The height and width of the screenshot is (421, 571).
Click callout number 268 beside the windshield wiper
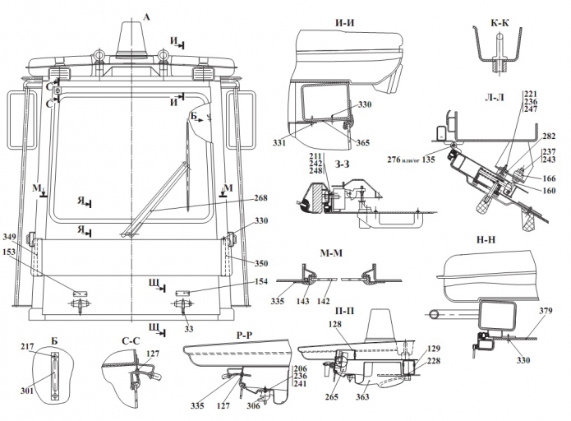pos(260,197)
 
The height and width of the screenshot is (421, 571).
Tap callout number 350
pos(260,263)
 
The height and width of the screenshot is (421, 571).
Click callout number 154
pos(260,281)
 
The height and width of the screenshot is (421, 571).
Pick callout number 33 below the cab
pos(189,329)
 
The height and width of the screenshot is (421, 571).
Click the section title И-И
pos(344,22)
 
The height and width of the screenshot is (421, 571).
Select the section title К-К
pos(500,22)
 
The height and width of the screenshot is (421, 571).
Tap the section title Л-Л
pos(495,97)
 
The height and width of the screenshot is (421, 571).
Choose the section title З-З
pos(342,164)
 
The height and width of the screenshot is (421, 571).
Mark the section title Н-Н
pos(486,239)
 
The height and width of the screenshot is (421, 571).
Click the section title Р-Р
pos(244,335)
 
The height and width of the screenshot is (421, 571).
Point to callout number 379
pos(546,311)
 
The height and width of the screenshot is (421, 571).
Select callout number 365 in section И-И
pos(362,142)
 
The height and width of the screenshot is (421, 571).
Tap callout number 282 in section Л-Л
pos(549,136)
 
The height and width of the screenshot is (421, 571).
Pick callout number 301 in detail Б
pos(27,391)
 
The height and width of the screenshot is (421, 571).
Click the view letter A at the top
pos(146,16)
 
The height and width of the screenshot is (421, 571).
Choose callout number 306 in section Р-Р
pos(253,405)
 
